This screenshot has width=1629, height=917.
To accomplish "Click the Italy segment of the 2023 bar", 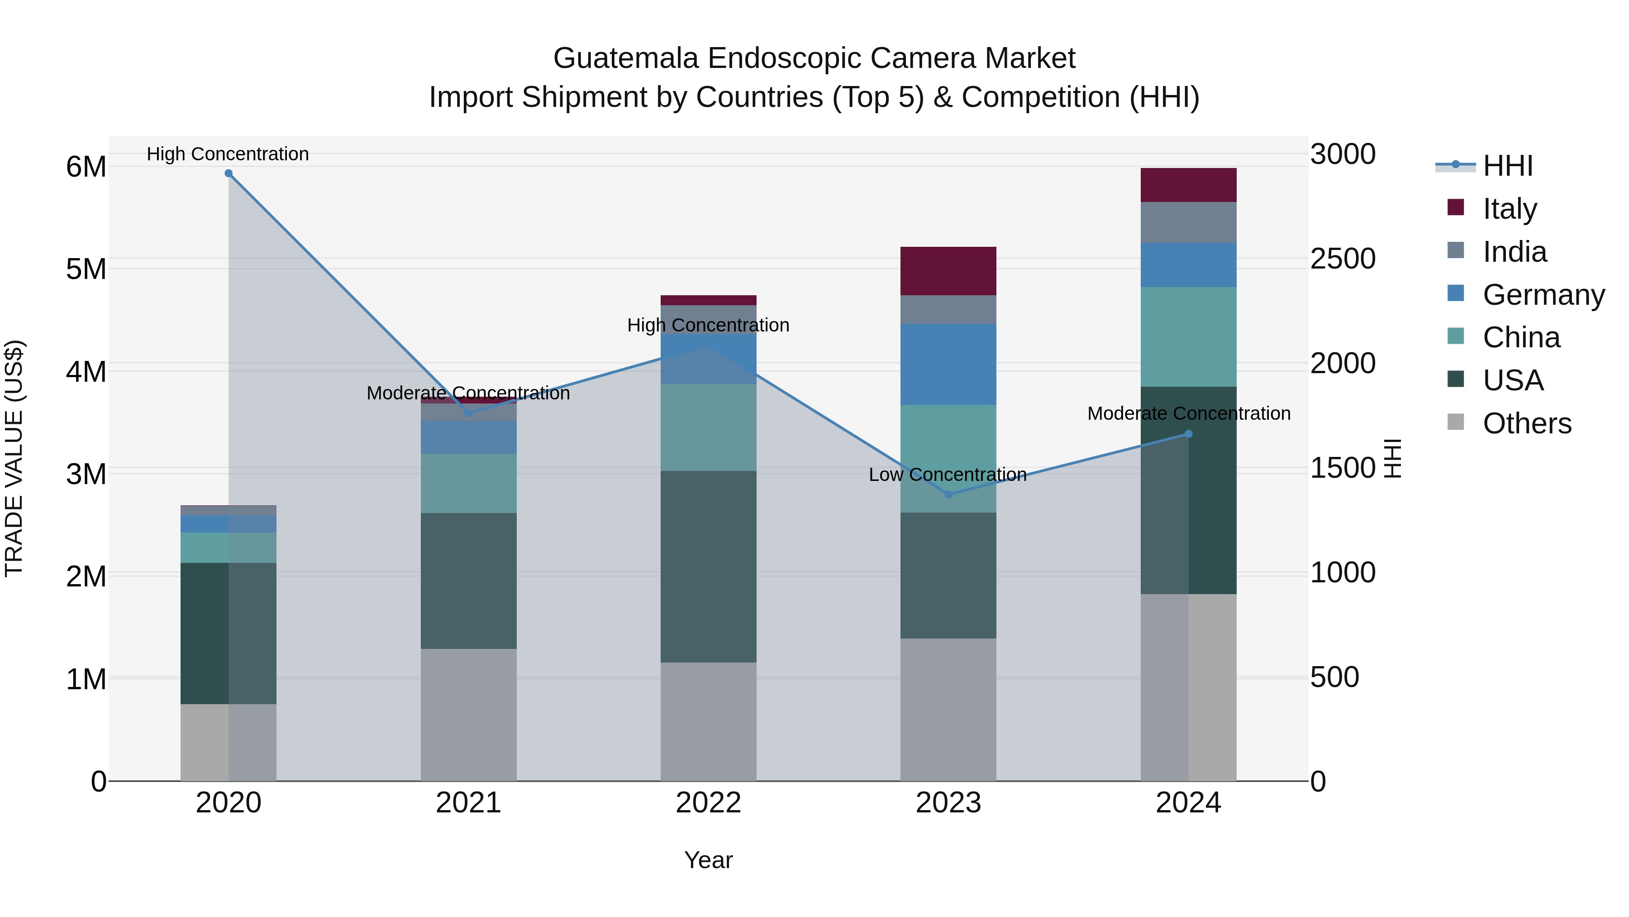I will (948, 271).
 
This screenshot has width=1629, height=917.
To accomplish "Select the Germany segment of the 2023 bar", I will (948, 364).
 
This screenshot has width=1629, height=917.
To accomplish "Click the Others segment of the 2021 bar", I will (469, 715).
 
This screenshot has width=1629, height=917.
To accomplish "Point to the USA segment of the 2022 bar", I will (708, 567).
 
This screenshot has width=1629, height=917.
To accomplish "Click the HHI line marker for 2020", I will (229, 173).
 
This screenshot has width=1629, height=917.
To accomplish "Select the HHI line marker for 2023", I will (948, 494).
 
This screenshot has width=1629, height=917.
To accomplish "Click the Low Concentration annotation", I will (947, 475).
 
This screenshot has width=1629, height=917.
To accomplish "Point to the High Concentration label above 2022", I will (708, 325).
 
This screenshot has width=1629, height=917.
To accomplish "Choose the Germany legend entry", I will (1543, 295).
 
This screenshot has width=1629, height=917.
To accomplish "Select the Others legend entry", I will (1527, 423).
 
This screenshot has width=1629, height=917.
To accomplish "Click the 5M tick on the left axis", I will (86, 269).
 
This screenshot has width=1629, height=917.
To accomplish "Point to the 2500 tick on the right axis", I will (1343, 259).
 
